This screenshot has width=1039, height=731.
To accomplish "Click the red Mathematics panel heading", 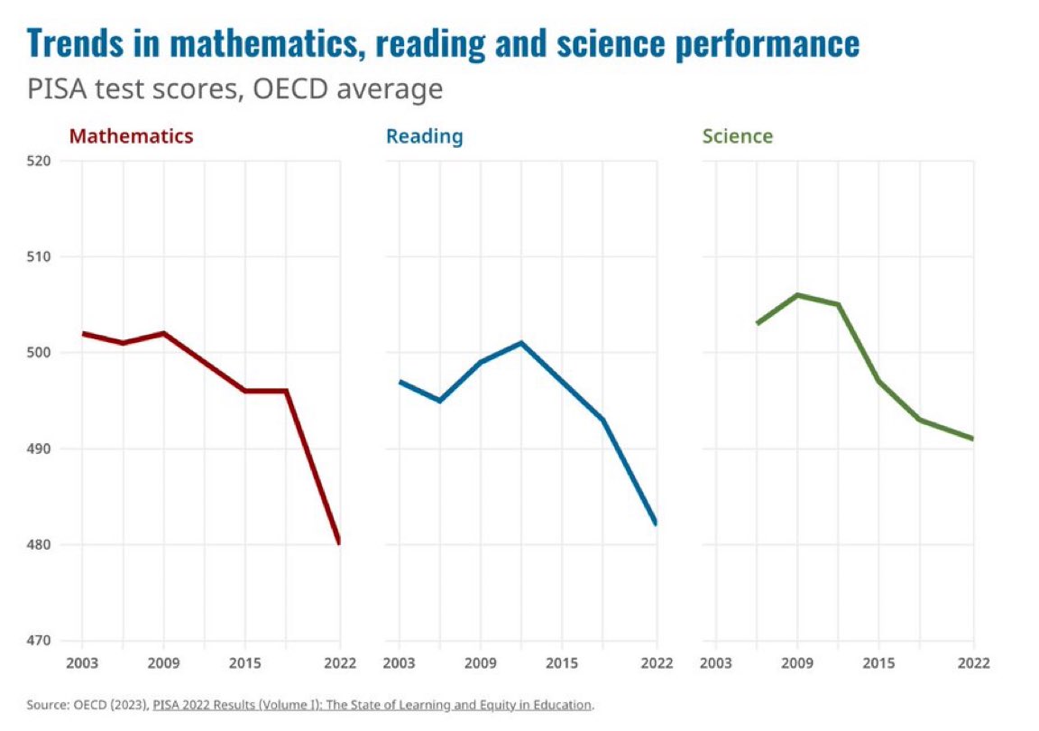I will (131, 137).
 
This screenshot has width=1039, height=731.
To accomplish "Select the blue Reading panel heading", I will (424, 137).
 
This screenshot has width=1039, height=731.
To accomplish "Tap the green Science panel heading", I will (737, 137).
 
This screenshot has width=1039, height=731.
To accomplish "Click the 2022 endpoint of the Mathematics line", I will (339, 542).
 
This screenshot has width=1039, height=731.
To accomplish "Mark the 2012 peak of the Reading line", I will (521, 343).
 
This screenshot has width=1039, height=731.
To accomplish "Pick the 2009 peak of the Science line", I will (798, 295).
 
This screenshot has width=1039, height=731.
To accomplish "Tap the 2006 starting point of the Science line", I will (758, 323).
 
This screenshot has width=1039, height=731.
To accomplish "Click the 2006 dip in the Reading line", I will (439, 401).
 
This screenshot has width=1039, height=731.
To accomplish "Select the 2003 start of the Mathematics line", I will (83, 333).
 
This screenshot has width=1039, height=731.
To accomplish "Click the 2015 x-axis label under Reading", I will (561, 663).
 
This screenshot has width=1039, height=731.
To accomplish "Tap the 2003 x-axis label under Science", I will (716, 663).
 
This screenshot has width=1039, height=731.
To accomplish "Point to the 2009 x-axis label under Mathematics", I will (163, 663).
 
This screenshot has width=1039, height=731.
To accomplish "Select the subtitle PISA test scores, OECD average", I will (234, 89).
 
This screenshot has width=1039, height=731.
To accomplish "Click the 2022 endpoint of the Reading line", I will (655, 523).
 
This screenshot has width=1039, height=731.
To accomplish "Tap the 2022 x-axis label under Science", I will (973, 663).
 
